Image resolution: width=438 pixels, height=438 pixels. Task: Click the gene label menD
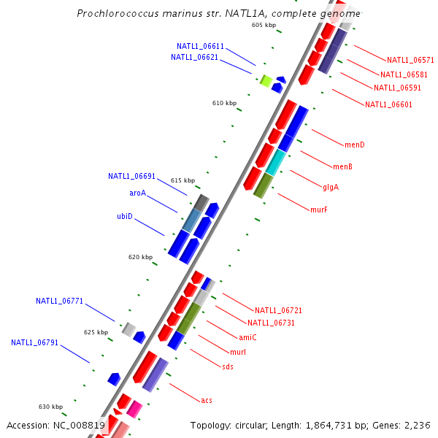(x=355, y=145)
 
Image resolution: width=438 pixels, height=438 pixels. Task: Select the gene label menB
(x=342, y=166)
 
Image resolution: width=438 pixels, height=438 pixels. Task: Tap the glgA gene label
(x=331, y=187)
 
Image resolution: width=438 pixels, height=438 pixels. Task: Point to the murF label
(x=318, y=210)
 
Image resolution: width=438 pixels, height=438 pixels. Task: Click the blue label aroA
(x=137, y=193)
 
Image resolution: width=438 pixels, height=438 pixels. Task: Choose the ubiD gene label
(x=125, y=216)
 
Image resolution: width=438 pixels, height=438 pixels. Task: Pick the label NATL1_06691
(x=131, y=176)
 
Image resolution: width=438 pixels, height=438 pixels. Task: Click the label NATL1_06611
(x=200, y=46)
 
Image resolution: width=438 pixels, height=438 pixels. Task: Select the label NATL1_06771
(x=59, y=301)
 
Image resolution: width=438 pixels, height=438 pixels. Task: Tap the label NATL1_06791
(x=34, y=342)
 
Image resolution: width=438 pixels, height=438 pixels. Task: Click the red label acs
(x=207, y=400)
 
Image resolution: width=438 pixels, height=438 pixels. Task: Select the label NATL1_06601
(x=388, y=104)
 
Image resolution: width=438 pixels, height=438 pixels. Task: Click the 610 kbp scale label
(x=225, y=103)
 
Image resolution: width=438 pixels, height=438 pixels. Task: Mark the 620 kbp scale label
(x=140, y=257)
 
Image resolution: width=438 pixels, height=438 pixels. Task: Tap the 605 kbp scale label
(x=264, y=25)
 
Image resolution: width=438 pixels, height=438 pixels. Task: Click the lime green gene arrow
(x=266, y=80)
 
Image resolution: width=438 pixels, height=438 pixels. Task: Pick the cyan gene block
(x=275, y=162)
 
